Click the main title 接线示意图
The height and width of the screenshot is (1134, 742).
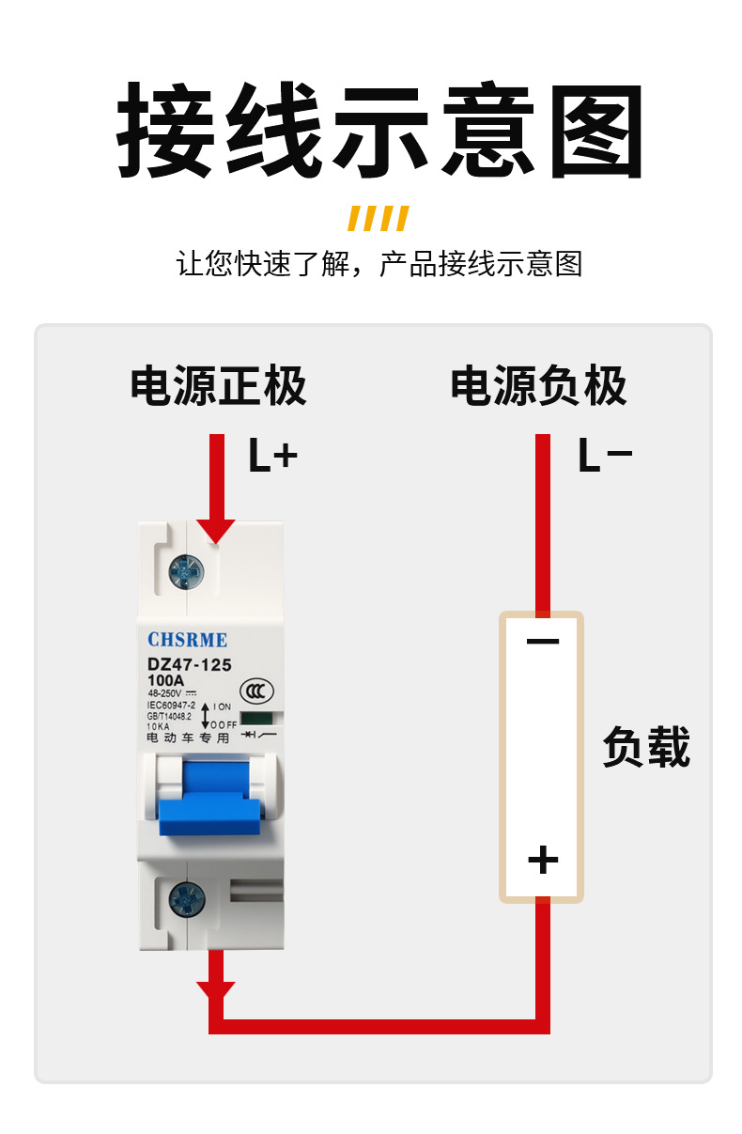(x=379, y=131)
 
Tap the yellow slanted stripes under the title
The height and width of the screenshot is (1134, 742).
(x=379, y=218)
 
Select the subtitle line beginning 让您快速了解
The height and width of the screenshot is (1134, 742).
(x=379, y=264)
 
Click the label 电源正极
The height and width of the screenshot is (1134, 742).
(x=218, y=385)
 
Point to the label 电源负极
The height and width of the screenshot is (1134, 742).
(x=538, y=385)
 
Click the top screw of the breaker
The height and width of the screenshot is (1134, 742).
(x=186, y=570)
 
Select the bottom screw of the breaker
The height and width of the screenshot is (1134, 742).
(x=186, y=900)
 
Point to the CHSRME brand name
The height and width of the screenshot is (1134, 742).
(x=187, y=640)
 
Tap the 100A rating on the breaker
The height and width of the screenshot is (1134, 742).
(x=166, y=681)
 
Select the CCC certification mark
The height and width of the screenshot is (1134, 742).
(x=256, y=691)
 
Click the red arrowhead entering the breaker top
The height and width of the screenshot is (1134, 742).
(x=217, y=532)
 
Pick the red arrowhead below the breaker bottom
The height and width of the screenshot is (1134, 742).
(x=216, y=989)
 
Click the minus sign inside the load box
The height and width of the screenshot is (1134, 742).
(x=542, y=643)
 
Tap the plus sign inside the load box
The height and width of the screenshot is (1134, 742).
(x=542, y=860)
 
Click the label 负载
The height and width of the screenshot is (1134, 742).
(x=646, y=748)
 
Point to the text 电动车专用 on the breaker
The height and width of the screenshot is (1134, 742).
(x=188, y=738)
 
